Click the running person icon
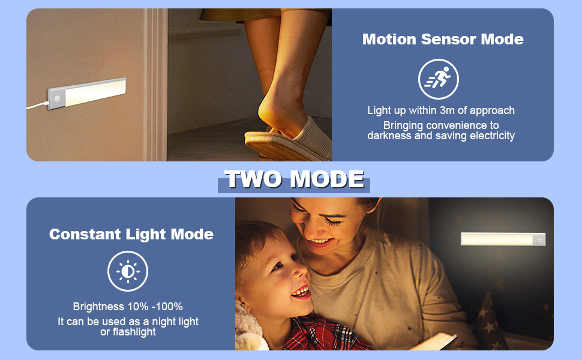coord(438,79)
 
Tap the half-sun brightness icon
coord(128,272)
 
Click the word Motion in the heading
coord(389,40)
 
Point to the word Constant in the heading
coord(85,234)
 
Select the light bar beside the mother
coord(503,239)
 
